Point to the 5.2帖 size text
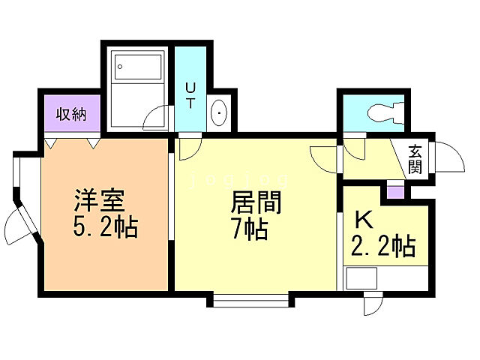point(105,226)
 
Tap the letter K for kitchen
point(362,220)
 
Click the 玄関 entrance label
point(415,158)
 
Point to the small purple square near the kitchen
point(394,191)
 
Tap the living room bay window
point(250,302)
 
